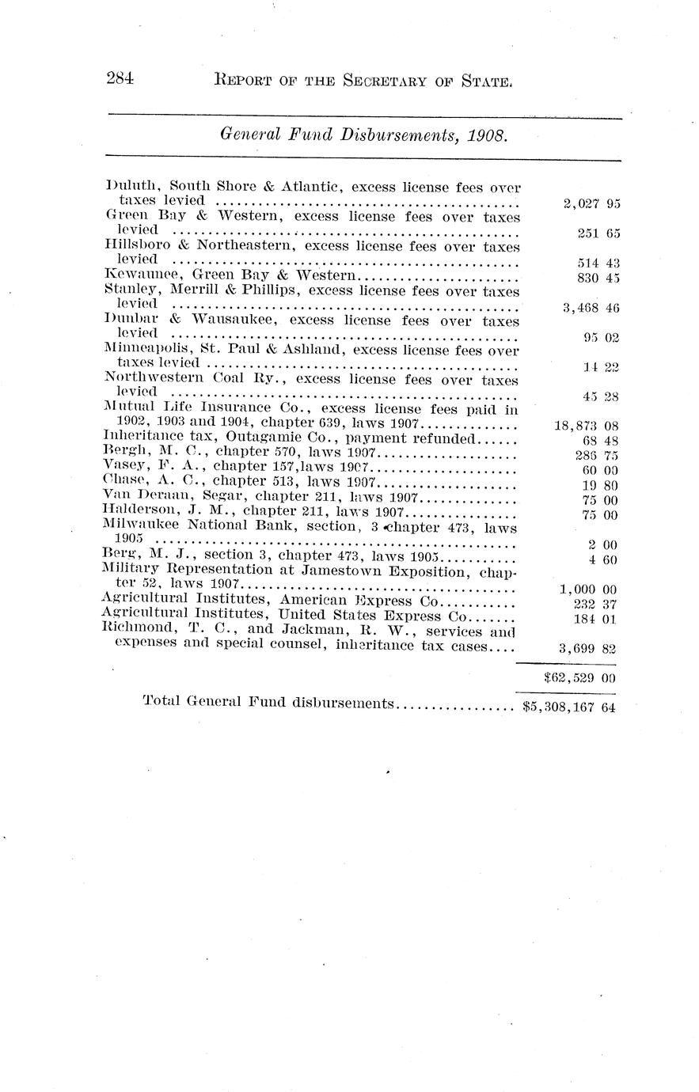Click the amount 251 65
pos(598,233)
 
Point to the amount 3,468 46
pos(591,308)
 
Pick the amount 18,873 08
pos(587,426)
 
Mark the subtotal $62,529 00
pos(580,677)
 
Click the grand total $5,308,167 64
pos(569,707)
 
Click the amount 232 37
pos(598,604)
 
